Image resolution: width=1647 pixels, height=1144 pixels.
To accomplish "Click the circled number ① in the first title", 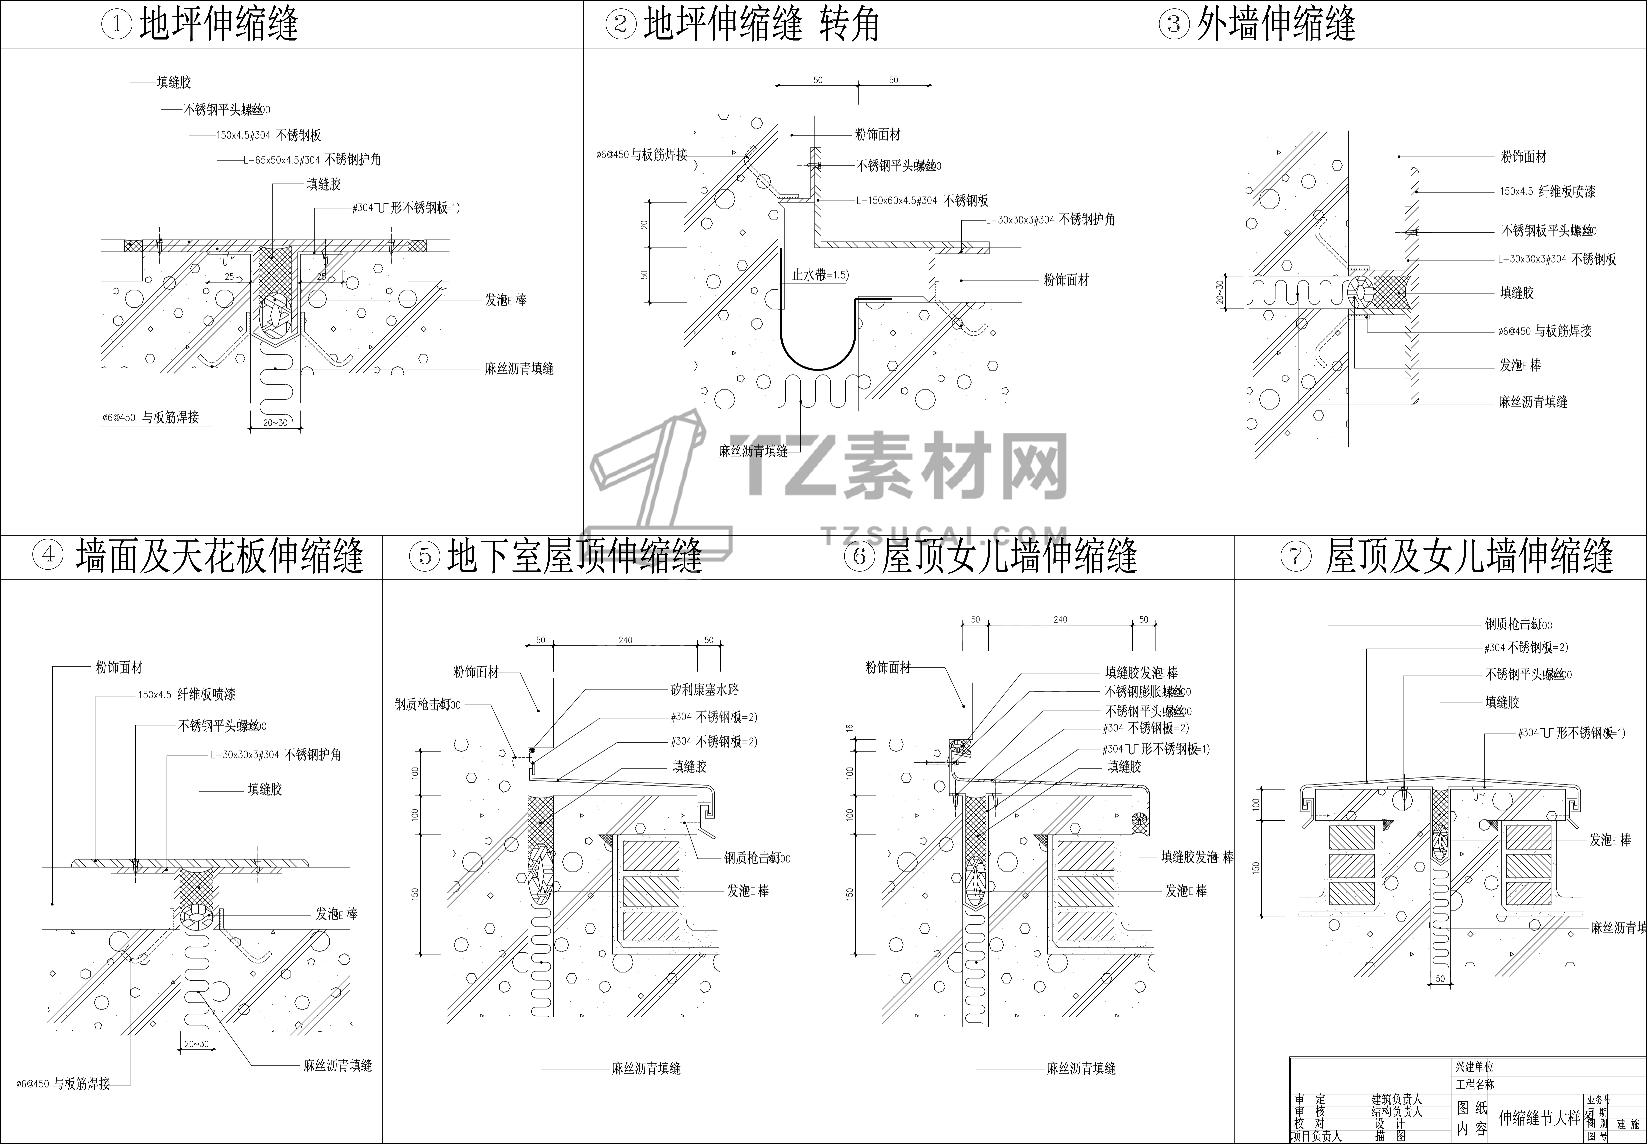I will click(117, 25).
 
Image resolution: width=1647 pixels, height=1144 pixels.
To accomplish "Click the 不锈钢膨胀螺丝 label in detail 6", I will click(1147, 692).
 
